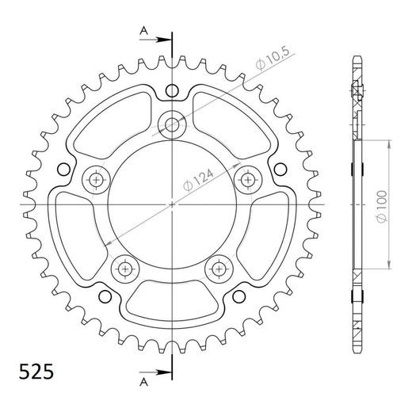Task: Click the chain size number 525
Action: tap(36, 372)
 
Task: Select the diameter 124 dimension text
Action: tap(198, 180)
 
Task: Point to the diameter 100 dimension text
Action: tap(382, 207)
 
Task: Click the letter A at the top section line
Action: tap(143, 31)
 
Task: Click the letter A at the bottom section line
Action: tap(143, 382)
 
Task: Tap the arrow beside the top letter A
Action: tap(155, 40)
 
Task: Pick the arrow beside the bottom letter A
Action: tap(155, 372)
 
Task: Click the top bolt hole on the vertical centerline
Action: tap(172, 124)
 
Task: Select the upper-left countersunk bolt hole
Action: tap(96, 181)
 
